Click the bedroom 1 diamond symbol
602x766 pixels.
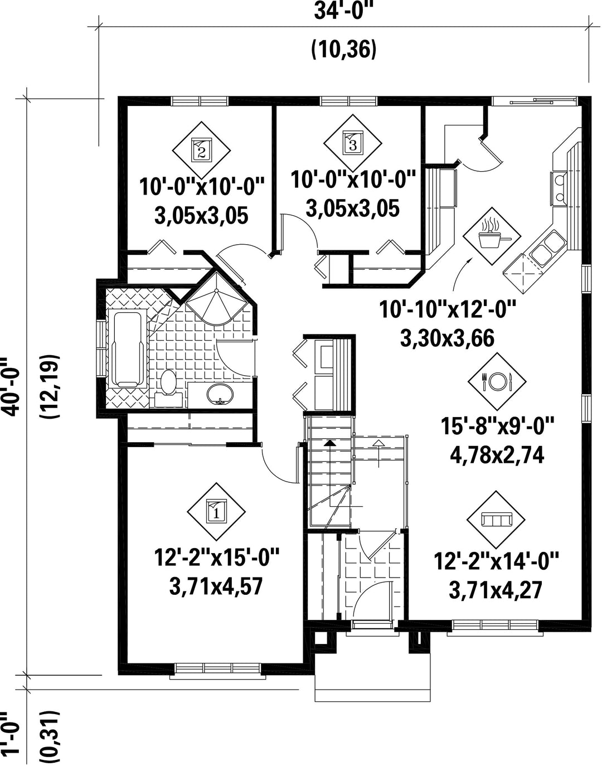click(216, 511)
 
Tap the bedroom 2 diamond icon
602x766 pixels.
click(201, 150)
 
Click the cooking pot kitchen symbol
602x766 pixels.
click(492, 236)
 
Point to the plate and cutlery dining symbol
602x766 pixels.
click(497, 381)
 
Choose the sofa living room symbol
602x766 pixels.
click(496, 520)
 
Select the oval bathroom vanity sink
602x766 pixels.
click(220, 394)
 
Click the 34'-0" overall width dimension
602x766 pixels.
click(344, 12)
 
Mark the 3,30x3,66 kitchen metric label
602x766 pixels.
click(448, 338)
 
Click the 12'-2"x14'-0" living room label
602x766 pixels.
click(496, 561)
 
